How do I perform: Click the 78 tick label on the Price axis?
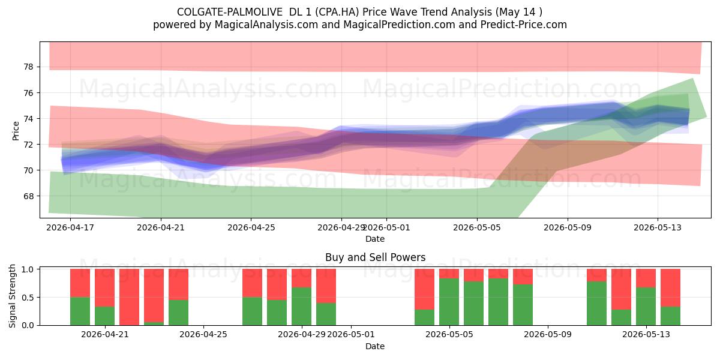coord(28,67)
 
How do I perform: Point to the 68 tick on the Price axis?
coord(28,196)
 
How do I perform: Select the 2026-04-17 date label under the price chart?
coord(70,227)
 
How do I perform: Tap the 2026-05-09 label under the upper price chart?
coord(568,227)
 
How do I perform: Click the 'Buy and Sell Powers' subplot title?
coord(375,257)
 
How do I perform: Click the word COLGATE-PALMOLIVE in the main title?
coord(229,12)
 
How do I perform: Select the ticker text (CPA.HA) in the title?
coord(337,12)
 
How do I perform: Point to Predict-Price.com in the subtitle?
coord(524,25)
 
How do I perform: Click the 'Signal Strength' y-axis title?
coord(12,296)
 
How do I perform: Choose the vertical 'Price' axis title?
coord(16,131)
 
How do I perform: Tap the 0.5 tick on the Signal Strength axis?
coord(28,298)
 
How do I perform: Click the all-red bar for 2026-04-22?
coord(129,297)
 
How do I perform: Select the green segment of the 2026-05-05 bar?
coord(449,302)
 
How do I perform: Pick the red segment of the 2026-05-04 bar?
coord(424,289)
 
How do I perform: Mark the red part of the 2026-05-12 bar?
coord(621,289)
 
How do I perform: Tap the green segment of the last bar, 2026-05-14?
coord(670,316)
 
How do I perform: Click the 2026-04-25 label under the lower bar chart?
coord(203,335)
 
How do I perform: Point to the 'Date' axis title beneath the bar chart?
coord(375,346)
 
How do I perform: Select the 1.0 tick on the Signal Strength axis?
coord(28,269)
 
